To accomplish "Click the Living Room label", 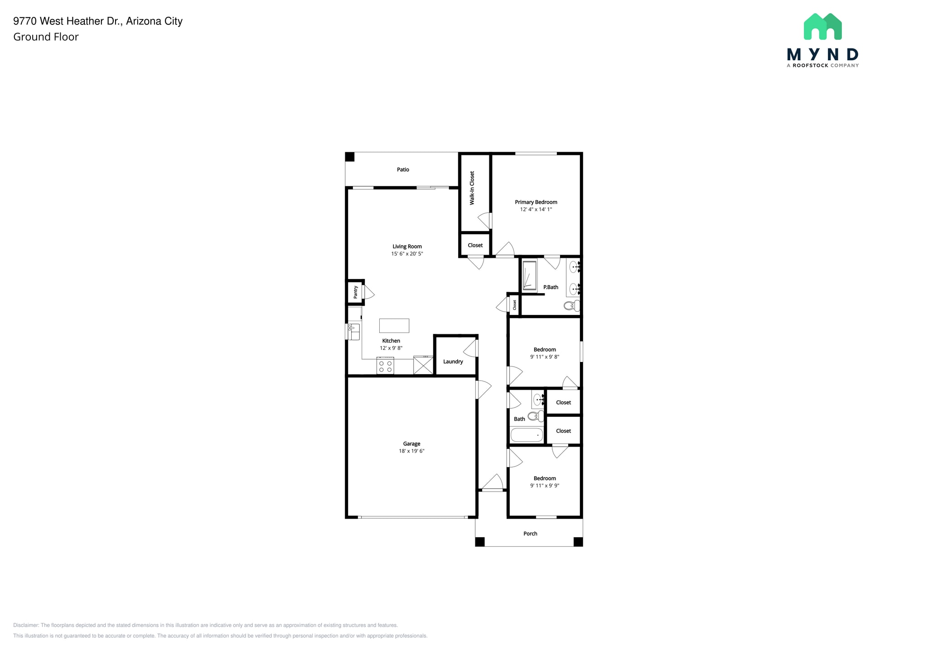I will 407,246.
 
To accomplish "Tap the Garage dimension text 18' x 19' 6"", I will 411,451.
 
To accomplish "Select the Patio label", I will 403,169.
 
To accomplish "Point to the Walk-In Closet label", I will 472,188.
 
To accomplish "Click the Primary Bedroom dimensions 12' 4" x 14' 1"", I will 536,209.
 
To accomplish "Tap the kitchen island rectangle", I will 394,326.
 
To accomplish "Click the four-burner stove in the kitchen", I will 385,366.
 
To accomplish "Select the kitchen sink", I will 354,331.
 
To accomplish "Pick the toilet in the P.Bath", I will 571,306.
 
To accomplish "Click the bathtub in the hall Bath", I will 527,435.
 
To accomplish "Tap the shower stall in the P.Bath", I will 529,275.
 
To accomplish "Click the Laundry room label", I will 453,362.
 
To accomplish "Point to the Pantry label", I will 356,292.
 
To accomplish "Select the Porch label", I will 530,534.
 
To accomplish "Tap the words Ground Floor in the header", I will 46,37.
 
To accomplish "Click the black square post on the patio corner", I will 350,157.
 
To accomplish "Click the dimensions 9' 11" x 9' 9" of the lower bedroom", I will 545,486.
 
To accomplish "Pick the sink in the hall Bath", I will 537,400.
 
